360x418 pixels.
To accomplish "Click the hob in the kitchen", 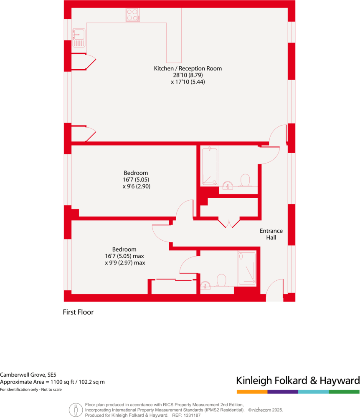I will pos(132,15).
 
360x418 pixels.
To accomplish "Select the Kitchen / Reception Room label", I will pos(188,68).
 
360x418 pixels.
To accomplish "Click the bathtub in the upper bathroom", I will pos(209,166).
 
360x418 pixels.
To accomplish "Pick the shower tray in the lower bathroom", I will pos(246,269).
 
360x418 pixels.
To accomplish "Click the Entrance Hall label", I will pos(271,234).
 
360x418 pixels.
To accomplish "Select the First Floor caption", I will pos(78,312).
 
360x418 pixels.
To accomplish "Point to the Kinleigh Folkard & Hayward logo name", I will pos(298,380).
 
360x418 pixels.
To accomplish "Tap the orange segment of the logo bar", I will pos(252,392).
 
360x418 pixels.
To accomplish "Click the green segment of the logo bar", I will pos(344,392).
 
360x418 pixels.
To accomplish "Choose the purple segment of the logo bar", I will pos(283,392).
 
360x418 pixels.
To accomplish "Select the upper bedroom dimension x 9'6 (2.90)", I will pos(136,187).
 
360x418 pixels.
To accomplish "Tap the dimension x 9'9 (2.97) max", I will pos(125,263).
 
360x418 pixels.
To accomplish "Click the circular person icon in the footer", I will pos(76,410).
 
